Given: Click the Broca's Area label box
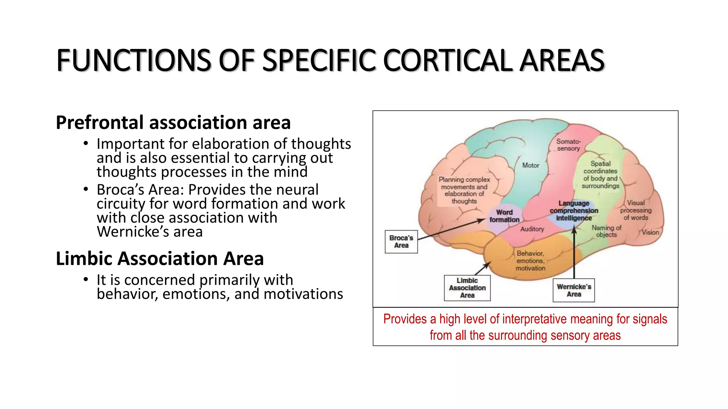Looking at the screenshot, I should (x=401, y=242).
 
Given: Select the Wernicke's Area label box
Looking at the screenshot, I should (x=573, y=290).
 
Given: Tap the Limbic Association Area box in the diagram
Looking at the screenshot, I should (x=467, y=288).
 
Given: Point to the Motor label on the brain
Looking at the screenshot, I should (x=530, y=165).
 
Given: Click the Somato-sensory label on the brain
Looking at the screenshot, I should (x=568, y=145).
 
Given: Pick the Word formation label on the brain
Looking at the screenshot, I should (x=504, y=216).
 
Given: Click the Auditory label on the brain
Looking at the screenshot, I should (x=532, y=229).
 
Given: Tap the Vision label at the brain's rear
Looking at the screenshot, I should (x=650, y=233).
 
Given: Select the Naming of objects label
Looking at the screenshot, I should (x=606, y=231).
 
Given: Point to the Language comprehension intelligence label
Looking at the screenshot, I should (x=574, y=211).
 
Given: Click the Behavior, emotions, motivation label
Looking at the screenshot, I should (x=530, y=261).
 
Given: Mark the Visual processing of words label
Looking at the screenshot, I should (x=636, y=210).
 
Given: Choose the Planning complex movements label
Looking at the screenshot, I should (x=464, y=190).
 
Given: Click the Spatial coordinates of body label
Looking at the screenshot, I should (x=600, y=175).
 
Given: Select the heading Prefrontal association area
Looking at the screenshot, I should (x=173, y=122).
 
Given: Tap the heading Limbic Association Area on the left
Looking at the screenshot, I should (x=160, y=258).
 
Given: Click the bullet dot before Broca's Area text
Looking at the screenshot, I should (x=86, y=190).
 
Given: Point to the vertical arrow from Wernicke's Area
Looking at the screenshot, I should (x=574, y=256).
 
